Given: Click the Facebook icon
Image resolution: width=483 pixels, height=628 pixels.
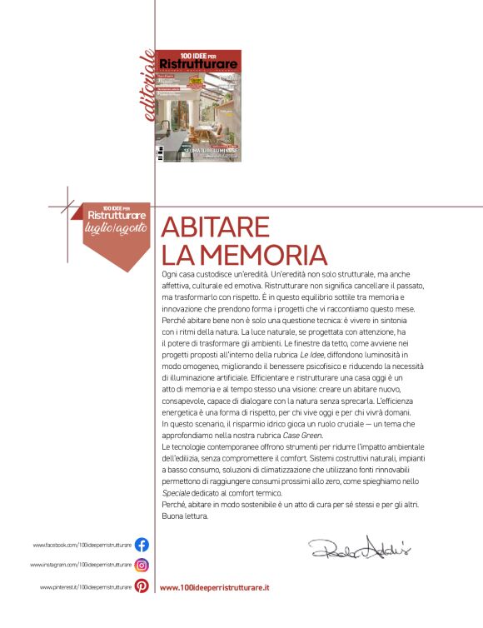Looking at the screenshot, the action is (142, 545).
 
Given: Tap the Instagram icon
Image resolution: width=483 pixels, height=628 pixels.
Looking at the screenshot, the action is (142, 565).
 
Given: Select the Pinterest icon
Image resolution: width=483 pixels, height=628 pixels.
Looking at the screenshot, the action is (142, 586).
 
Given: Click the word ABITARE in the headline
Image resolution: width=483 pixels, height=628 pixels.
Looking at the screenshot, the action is (215, 227).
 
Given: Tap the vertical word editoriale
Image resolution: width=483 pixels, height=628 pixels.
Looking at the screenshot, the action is (148, 83).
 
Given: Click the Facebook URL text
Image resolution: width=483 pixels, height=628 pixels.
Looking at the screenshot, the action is (82, 545).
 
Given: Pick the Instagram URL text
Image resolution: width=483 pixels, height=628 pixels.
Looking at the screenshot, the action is (81, 565).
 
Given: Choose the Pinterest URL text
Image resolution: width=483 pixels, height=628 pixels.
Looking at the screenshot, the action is (86, 587).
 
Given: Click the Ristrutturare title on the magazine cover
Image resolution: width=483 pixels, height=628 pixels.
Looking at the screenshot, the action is (199, 64).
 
